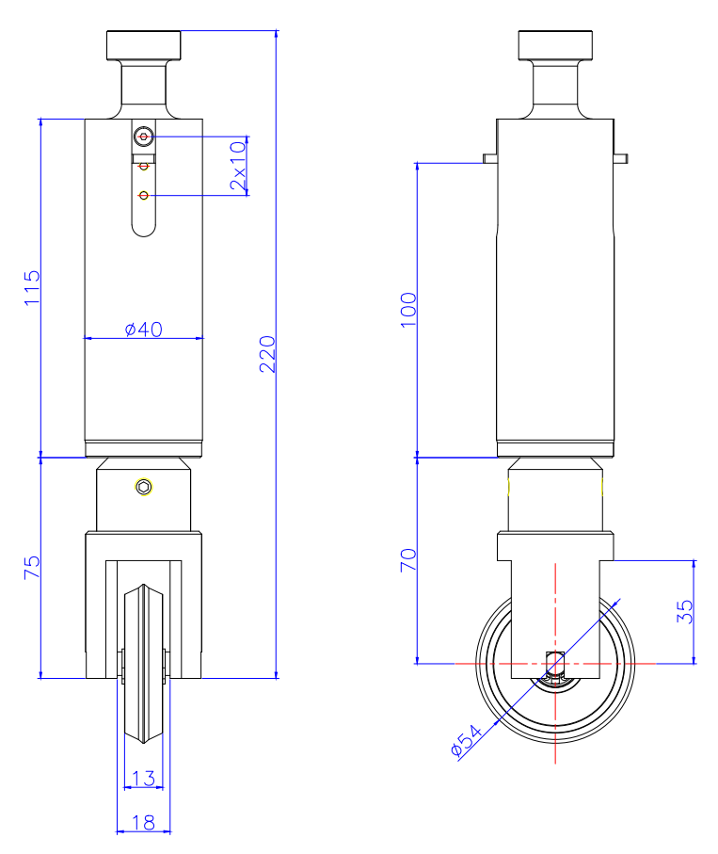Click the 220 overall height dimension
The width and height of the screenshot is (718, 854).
[268, 353]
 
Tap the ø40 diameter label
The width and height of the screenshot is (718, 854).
[144, 329]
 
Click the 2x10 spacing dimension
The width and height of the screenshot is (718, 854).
[238, 165]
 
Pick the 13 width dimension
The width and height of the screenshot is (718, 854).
[144, 778]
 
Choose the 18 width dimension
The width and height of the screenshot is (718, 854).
[144, 822]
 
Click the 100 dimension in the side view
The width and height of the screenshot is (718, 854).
[407, 310]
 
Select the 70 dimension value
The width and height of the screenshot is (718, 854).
[407, 561]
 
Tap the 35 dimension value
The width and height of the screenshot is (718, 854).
[685, 612]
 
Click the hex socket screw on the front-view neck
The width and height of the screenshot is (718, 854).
[143, 487]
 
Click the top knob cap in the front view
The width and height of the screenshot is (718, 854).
[143, 44]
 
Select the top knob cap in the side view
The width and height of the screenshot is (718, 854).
[556, 44]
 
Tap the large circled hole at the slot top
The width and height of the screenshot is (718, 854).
[143, 137]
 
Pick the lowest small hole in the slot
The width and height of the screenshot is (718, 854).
[143, 195]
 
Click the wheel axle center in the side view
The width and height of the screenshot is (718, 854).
[555, 663]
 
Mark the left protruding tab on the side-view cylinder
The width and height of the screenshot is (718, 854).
[489, 157]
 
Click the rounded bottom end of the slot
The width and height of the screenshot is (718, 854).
[143, 228]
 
